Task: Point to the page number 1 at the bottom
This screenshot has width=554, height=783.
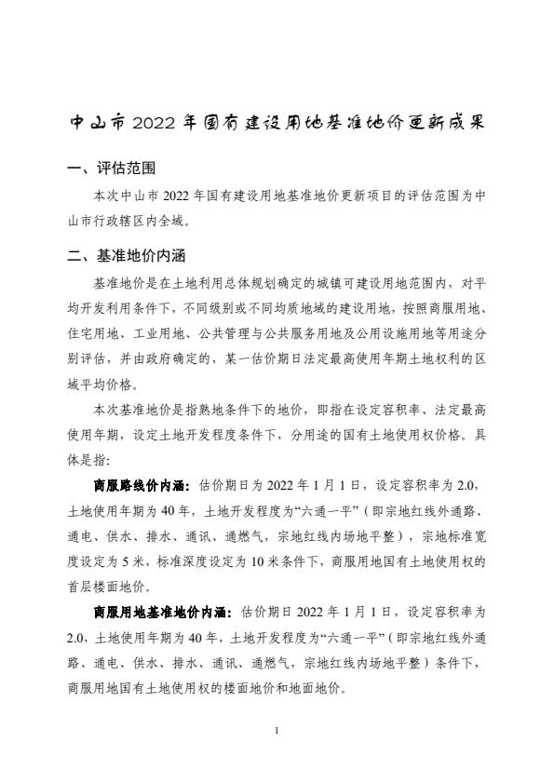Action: [277, 731]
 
